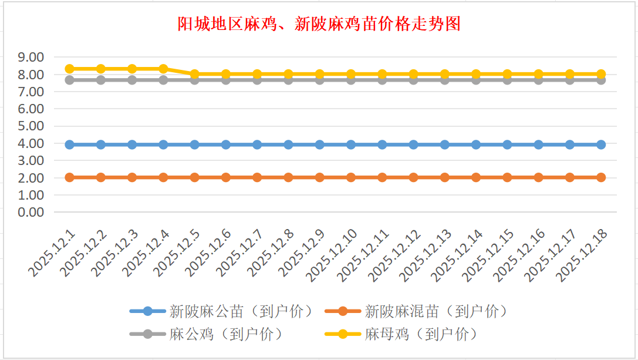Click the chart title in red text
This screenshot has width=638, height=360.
[319, 23]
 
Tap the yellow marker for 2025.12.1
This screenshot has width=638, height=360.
[69, 69]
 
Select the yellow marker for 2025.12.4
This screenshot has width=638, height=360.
[163, 69]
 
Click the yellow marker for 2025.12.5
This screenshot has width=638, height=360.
[195, 74]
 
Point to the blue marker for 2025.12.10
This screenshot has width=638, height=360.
[351, 144]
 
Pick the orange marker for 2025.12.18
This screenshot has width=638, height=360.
[601, 177]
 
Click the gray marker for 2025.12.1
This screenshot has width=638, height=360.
[69, 80]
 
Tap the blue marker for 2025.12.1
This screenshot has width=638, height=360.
[69, 144]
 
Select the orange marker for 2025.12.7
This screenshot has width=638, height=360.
[257, 177]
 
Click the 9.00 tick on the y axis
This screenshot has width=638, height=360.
[32, 57]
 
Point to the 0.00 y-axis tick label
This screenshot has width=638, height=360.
[32, 212]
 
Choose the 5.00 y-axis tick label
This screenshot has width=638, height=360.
[32, 126]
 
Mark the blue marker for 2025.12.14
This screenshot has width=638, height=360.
[476, 144]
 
